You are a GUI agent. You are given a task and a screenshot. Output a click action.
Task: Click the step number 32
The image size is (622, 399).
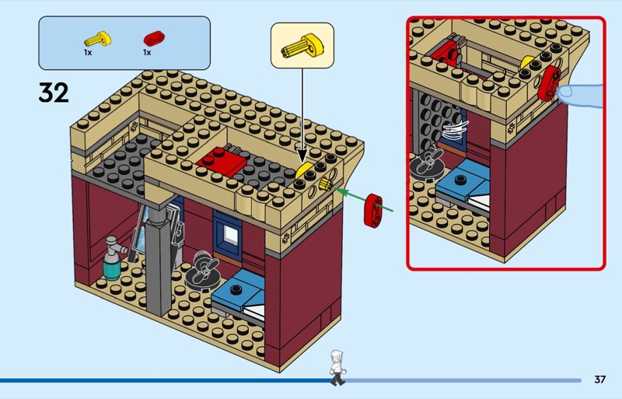point(54,93)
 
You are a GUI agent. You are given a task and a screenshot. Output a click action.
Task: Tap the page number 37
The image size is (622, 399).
point(599,380)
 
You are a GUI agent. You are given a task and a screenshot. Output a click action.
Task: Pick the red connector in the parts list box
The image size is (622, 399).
point(152,37)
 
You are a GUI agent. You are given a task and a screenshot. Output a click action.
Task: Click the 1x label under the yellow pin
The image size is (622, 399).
point(89,52)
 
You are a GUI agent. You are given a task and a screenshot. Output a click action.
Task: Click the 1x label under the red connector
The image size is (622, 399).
point(146,52)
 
